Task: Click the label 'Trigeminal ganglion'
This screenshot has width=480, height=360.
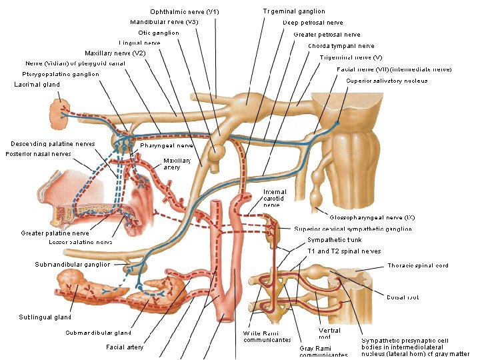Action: point(294,11)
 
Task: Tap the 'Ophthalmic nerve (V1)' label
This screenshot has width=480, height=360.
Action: point(185,11)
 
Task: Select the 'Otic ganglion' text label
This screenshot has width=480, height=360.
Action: point(159,33)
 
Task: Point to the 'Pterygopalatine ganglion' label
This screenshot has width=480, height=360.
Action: point(61,74)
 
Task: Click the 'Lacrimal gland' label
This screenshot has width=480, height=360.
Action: point(37,85)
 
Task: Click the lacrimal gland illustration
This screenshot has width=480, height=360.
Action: point(59,115)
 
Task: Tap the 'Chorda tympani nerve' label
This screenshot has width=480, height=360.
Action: point(341,46)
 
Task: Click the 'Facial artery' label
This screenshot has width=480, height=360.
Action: point(125,347)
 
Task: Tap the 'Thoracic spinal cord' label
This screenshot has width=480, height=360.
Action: point(418,265)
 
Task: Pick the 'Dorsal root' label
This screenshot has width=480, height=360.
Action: point(403,297)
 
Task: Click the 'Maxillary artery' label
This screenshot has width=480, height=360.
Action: point(177,163)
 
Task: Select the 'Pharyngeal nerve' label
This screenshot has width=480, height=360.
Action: point(167,145)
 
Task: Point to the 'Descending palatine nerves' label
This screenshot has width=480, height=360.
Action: point(53,143)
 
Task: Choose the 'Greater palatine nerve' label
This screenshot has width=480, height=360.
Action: point(55,233)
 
